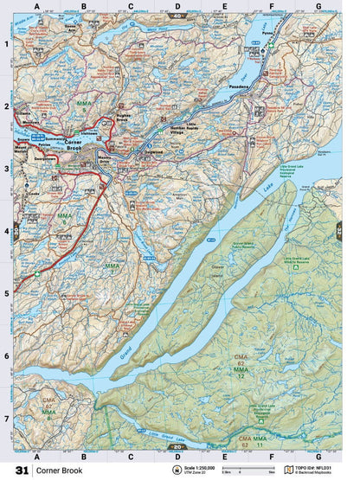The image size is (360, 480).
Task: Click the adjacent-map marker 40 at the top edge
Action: pos(177,16)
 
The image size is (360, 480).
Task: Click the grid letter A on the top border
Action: pos(36,7)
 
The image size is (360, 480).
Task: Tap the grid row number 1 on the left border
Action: pos(6,44)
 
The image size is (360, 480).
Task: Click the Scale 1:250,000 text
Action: pos(211,467)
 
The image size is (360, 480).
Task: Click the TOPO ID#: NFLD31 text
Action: pos(325,467)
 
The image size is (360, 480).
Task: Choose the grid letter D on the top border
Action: pos(177,7)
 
